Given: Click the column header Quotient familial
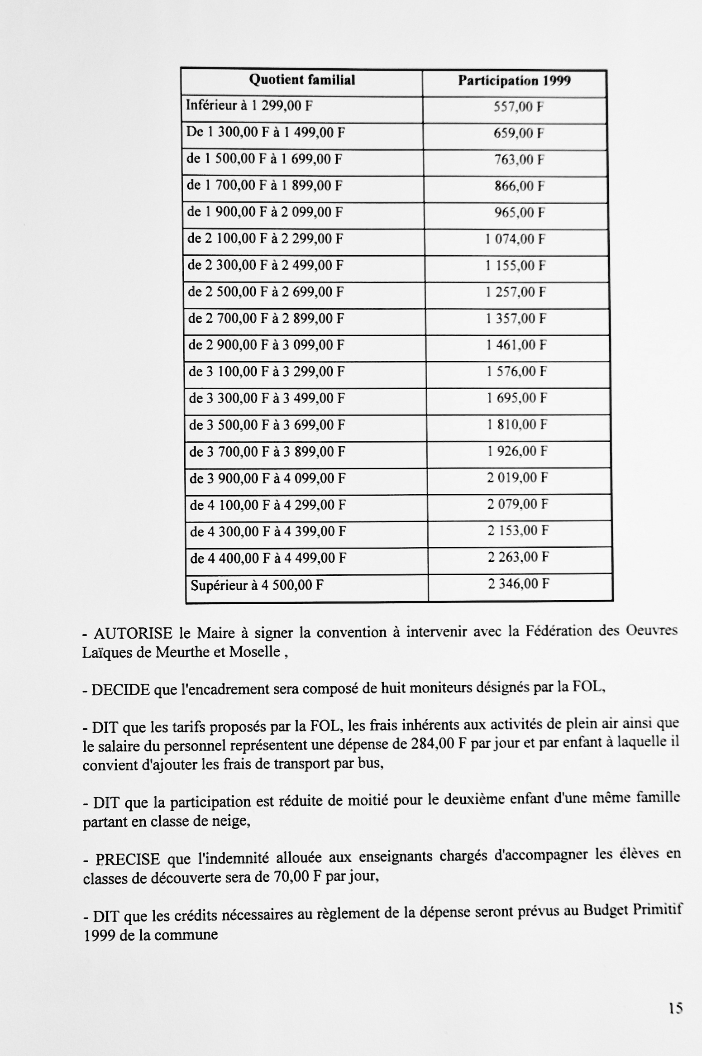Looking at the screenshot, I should point(302,80).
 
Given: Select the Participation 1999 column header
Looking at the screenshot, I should point(514,81).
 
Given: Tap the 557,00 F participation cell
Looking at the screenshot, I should point(518,107).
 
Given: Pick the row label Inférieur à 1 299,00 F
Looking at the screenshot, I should point(249,106).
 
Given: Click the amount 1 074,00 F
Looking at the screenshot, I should point(515,239).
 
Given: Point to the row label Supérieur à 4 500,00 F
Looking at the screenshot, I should point(257,585).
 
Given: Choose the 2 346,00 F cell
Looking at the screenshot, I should point(518,584).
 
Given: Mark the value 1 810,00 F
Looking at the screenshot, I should point(517,425).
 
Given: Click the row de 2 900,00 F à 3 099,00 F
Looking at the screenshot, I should point(266,345).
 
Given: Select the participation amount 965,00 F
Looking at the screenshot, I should point(519,212).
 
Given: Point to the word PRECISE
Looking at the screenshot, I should point(128,859).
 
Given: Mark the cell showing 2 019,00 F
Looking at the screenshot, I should point(517,478).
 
